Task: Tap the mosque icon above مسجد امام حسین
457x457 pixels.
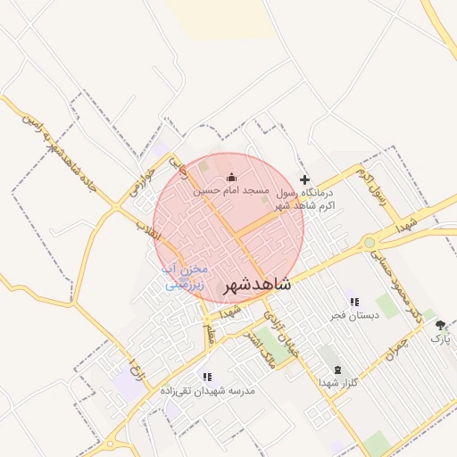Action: click(x=232, y=178)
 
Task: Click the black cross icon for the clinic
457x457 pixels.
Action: click(x=304, y=180)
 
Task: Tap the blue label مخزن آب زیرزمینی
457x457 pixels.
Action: click(x=185, y=277)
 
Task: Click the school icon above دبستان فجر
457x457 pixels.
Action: click(x=354, y=302)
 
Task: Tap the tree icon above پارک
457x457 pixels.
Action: click(x=440, y=326)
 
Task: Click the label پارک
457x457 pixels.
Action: click(x=441, y=339)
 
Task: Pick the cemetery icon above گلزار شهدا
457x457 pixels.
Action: click(x=337, y=370)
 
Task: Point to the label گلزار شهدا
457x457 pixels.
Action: click(x=337, y=383)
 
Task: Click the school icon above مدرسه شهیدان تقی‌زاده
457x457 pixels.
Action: click(x=207, y=377)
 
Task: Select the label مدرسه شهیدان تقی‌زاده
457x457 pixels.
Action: click(x=208, y=391)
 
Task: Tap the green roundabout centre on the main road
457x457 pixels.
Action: click(x=369, y=242)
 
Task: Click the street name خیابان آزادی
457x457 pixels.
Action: click(x=281, y=338)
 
